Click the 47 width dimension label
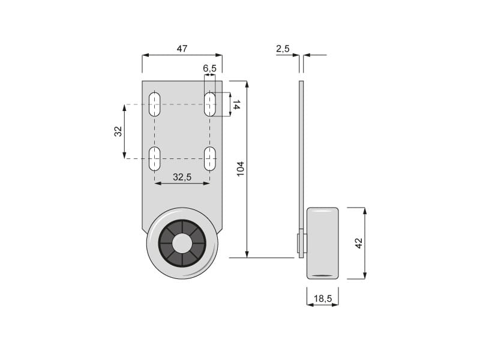[182, 49]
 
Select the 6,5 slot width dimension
[209, 68]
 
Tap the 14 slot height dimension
[236, 104]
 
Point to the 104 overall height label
[241, 169]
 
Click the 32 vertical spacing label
[118, 131]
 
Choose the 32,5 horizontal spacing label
[182, 177]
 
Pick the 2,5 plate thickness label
[283, 49]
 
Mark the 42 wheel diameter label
[358, 243]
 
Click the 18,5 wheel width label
[323, 298]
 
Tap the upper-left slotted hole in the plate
[155, 104]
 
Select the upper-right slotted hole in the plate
[209, 104]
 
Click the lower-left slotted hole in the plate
[155, 158]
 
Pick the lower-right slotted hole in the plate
[209, 158]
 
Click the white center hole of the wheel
[182, 244]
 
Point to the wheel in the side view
[323, 244]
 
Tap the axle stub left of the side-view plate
[298, 244]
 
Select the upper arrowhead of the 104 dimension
[247, 84]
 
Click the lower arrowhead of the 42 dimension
[365, 275]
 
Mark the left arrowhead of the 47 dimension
[145, 55]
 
